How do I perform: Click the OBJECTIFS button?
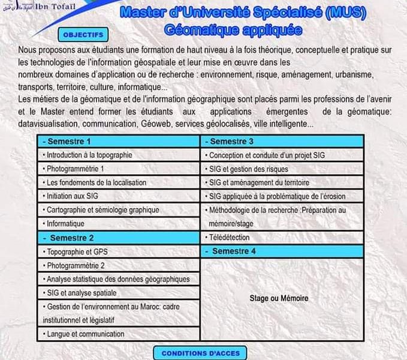[83, 35]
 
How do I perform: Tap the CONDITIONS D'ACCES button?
[200, 353]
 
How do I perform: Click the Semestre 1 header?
[118, 142]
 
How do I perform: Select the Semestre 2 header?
[118, 238]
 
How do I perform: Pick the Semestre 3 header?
[282, 142]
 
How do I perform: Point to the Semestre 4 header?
[282, 251]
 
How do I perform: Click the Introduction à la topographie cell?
[118, 155]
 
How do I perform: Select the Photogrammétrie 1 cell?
[118, 169]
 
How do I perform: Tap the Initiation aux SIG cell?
[118, 196]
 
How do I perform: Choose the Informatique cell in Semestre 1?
[118, 223]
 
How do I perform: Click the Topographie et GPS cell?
[118, 251]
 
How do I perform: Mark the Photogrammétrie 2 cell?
[118, 265]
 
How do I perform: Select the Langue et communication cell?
[118, 334]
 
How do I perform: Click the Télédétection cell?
[282, 238]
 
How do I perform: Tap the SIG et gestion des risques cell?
[282, 169]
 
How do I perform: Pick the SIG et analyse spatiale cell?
[118, 293]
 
